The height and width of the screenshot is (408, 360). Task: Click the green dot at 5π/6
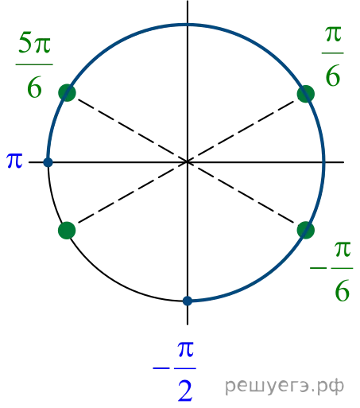(x=67, y=93)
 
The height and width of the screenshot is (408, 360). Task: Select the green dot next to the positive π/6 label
(x=306, y=94)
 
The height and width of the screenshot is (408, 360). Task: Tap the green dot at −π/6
(x=306, y=230)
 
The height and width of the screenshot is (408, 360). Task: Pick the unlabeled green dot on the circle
(x=67, y=231)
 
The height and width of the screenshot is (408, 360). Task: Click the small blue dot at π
(x=48, y=162)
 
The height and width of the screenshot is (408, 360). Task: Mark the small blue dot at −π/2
(x=188, y=301)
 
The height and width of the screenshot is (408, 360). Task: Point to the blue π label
(x=14, y=161)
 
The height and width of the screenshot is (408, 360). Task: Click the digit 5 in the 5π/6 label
(x=25, y=42)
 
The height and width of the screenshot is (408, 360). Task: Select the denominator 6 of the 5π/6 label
(x=34, y=87)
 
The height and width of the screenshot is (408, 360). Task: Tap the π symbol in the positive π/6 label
(x=333, y=34)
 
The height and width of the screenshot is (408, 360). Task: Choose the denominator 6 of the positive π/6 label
(x=333, y=76)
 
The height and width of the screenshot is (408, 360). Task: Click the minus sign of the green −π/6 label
(x=319, y=268)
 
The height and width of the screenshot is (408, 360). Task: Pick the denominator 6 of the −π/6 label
(x=343, y=290)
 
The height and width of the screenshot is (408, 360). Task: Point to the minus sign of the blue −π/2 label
(x=161, y=368)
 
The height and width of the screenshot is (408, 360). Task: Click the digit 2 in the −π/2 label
(x=185, y=391)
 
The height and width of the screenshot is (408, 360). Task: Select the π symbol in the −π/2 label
(x=186, y=349)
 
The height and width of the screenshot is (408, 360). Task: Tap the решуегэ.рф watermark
(x=285, y=386)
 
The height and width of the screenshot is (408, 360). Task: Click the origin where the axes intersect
(x=188, y=161)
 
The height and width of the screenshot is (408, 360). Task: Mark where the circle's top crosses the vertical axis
(x=188, y=25)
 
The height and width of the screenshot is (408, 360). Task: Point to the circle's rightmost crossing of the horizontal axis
(x=323, y=161)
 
